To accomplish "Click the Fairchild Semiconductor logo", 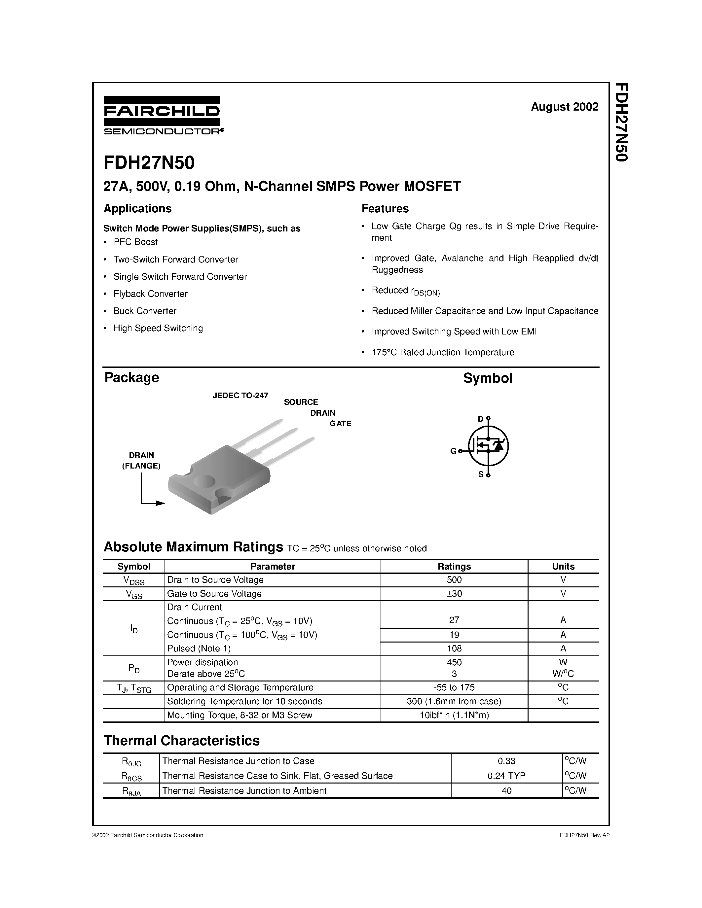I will [x=162, y=115].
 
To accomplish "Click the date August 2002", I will [x=564, y=107].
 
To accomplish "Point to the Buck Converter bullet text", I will [x=145, y=311].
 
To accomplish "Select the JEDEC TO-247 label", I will [x=240, y=395].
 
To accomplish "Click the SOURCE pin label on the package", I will [x=301, y=402].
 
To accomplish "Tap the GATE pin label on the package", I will [x=340, y=424].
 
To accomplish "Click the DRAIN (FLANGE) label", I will [x=141, y=460].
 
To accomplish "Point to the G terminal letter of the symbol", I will [x=453, y=451].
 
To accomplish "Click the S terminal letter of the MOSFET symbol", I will [x=481, y=474].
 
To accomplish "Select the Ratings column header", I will [x=454, y=566].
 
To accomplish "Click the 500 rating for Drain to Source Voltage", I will [x=454, y=579].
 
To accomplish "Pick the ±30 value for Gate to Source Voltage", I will [x=454, y=594].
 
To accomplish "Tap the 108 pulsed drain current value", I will [x=454, y=648].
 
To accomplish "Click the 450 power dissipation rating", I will [x=454, y=662].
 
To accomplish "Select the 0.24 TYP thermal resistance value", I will [x=506, y=776].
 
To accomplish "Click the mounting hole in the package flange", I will [x=204, y=481].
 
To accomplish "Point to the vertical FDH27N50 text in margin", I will [x=620, y=122].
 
